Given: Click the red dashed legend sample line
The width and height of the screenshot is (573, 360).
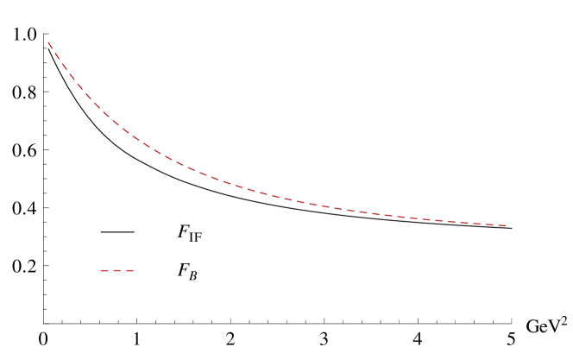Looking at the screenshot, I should pos(117,270).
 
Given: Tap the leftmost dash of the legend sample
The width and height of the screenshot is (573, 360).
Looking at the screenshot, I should pos(104,270).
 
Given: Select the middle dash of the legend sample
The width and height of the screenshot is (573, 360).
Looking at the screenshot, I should pos(117,270).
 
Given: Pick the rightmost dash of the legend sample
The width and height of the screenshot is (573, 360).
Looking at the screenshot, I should pos(130,270).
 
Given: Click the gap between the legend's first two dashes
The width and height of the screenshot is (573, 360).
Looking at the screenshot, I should pos(110,270).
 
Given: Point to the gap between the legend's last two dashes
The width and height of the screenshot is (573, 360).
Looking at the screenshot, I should pos(123,270).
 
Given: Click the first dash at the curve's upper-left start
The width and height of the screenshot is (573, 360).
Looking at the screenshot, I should pos(50,45).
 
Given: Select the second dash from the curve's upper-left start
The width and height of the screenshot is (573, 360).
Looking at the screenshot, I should pos(57,56).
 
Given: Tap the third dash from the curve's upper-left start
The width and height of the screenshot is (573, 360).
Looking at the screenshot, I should pos(65,66).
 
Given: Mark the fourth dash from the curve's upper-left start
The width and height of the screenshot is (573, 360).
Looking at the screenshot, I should pos(72,77).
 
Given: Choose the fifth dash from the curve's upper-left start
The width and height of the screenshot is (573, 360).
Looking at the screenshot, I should pos(79,86).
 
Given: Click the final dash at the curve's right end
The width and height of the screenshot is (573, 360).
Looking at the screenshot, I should pos(502,225).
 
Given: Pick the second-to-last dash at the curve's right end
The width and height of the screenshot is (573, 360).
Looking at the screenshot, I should pos(490,224).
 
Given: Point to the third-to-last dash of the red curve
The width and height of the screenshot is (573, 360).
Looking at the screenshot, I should pos(476,224).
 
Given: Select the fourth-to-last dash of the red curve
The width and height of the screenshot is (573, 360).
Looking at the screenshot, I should pos(464,223).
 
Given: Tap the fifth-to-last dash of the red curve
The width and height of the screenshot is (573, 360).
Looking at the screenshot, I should pos(451,222).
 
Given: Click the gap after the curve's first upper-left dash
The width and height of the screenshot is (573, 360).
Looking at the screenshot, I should pos(54,50).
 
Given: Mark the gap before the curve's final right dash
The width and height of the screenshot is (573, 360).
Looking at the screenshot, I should pos(496,225).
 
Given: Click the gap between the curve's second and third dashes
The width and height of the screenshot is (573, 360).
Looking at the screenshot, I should pos(61,61).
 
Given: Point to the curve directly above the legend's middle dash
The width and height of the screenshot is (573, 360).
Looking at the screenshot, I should pos(117,124).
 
